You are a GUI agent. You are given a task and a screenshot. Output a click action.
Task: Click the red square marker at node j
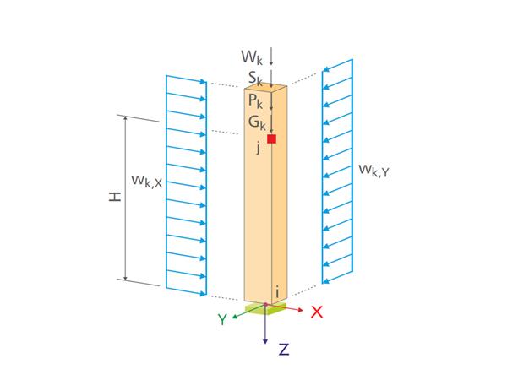tap(271, 138)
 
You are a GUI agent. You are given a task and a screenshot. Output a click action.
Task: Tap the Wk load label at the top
tap(252, 57)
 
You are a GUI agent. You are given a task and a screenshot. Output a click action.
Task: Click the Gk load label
tap(256, 122)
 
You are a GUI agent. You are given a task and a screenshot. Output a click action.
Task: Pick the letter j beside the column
tap(259, 148)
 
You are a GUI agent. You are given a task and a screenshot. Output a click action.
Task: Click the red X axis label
tap(317, 312)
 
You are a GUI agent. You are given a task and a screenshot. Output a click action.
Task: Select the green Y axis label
tap(221, 320)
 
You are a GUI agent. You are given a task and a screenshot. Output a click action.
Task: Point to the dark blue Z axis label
tap(284, 350)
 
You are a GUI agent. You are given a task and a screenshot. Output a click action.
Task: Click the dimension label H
tap(115, 196)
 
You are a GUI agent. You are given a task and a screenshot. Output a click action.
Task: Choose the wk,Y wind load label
tap(373, 170)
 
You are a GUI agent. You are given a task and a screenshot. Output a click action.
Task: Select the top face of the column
tap(266, 85)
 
